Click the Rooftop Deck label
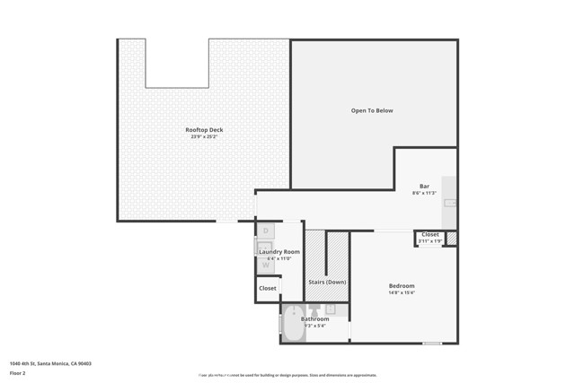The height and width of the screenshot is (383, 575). tap(204, 130)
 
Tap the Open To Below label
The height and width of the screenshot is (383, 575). tap(371, 110)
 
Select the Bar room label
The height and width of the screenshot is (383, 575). tap(424, 187)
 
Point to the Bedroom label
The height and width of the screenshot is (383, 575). tap(402, 286)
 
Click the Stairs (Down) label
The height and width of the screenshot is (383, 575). tap(327, 283)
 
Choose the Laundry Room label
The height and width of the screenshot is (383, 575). tap(279, 252)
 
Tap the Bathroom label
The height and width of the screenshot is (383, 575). tap(314, 318)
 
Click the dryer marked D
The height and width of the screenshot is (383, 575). tap(266, 231)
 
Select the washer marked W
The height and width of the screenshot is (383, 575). tap(266, 265)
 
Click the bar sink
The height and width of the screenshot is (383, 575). tap(450, 204)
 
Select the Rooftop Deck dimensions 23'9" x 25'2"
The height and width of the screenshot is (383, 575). tap(204, 136)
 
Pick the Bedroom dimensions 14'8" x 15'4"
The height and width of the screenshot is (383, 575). tap(402, 292)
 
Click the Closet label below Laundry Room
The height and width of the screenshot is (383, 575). tap(268, 289)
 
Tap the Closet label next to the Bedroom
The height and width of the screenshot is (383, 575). tap(430, 234)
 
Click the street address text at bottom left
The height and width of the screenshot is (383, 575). tap(50, 363)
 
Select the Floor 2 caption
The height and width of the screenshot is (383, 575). tap(18, 372)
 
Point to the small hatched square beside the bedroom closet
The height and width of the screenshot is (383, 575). tap(451, 239)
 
